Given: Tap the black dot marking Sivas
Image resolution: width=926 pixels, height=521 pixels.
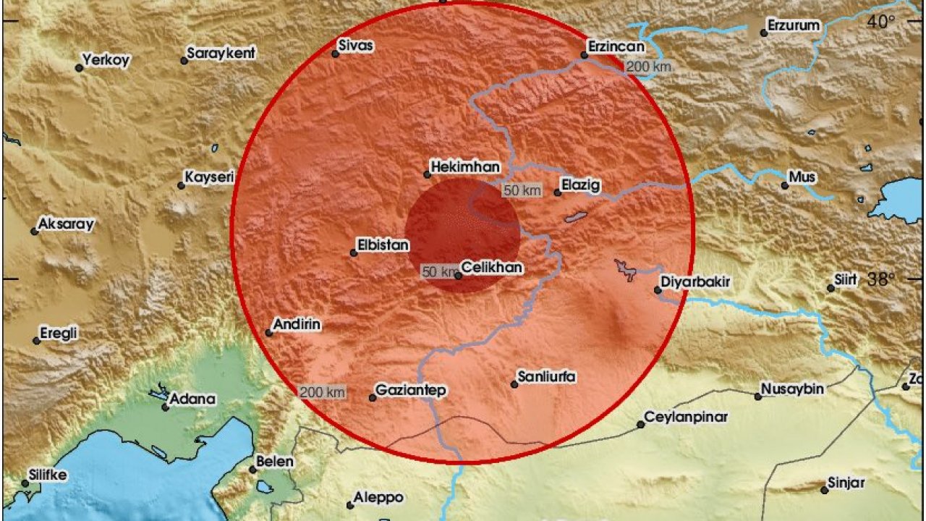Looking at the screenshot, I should tap(336, 54).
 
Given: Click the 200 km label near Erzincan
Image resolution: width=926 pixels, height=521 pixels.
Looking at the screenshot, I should tap(648, 67).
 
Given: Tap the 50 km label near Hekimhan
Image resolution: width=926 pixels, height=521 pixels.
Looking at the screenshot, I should tap(522, 190).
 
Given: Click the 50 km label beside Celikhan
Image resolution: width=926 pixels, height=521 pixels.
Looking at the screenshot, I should tap(438, 271).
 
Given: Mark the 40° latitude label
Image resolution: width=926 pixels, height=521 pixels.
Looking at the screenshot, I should tap(882, 22).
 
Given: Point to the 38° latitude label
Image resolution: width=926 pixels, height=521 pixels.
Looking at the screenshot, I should tap(882, 278).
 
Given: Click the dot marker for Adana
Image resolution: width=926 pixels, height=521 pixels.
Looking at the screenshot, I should tap(166, 407).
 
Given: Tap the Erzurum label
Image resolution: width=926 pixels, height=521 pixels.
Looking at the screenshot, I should tap(794, 26).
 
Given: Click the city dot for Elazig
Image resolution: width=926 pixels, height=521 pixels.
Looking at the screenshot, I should tap(558, 192).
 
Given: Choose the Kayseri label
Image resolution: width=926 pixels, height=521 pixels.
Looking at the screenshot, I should tap(210, 177).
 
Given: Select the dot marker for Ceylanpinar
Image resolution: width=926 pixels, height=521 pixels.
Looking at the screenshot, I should tap(640, 425).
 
